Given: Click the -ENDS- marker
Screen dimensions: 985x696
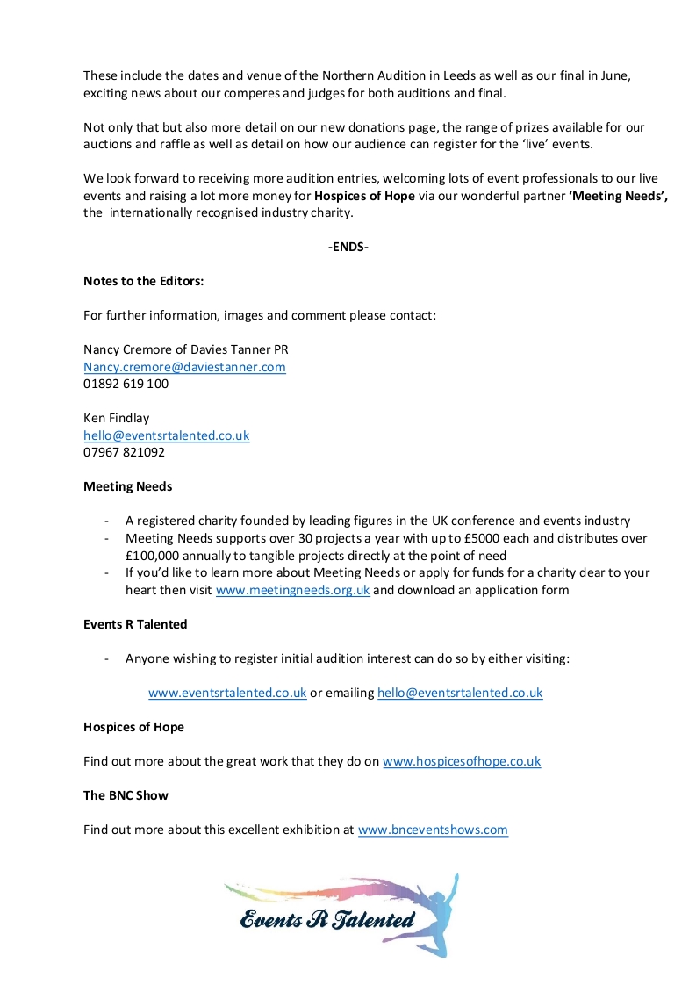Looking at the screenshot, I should pos(348,247).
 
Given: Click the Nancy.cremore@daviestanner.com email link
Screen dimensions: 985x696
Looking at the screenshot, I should pos(184,367).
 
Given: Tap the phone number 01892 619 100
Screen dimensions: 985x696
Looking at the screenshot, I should pos(126,384).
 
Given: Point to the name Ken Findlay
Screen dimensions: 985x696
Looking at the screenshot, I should pos(117,418).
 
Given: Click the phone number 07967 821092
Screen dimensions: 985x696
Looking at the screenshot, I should pos(124,452).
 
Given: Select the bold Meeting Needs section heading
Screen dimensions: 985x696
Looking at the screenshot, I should pos(127,486).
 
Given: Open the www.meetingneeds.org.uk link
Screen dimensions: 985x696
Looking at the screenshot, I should pos(292,590).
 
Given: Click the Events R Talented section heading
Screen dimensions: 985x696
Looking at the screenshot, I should pos(135,624).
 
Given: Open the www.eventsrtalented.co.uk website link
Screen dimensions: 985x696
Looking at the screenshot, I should pos(227,693).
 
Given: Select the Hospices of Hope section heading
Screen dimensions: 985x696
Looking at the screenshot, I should pos(133,727).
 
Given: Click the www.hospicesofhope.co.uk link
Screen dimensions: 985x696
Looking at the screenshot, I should pos(462,761).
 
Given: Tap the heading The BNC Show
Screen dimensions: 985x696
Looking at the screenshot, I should pos(126,795).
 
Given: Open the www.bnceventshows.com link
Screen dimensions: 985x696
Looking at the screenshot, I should pos(433,830).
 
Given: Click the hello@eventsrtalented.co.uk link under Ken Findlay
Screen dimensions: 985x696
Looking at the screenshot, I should pos(167,435).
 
